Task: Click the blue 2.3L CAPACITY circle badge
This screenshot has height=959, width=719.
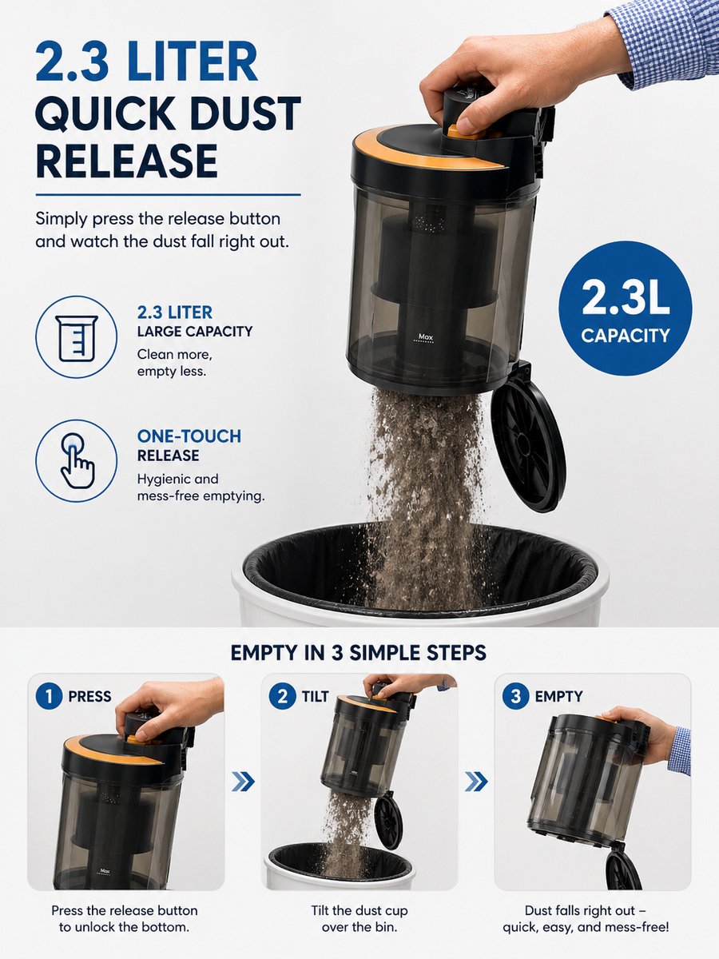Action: click(x=626, y=308)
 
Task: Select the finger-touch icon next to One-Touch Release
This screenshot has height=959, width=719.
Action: click(x=77, y=460)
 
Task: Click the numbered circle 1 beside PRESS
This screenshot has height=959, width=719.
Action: click(x=49, y=696)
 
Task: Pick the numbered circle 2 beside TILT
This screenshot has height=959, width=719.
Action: click(x=283, y=696)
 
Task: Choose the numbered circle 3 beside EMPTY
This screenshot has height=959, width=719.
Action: click(x=516, y=696)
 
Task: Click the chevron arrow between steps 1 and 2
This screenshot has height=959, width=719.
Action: click(x=243, y=782)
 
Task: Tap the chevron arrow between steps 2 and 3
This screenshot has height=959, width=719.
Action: click(x=476, y=782)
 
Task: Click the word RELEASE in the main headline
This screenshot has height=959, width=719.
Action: click(x=126, y=161)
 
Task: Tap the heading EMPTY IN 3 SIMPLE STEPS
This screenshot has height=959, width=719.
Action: click(x=358, y=653)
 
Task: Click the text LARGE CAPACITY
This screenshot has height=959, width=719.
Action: click(x=195, y=332)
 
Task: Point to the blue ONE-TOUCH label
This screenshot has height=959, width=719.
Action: click(x=189, y=436)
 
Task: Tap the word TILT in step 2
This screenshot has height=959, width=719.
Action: click(x=316, y=696)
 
